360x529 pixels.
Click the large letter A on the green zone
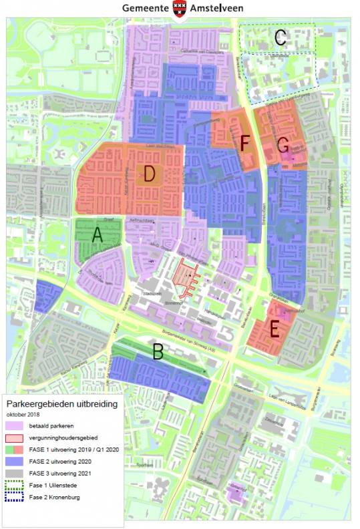(97, 235)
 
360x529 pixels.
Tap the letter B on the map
(158, 351)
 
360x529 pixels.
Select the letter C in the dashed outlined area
(281, 39)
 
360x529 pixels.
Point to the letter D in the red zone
(150, 174)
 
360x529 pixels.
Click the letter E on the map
(274, 329)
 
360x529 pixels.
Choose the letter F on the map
(245, 142)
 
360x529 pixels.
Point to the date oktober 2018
(24, 414)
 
